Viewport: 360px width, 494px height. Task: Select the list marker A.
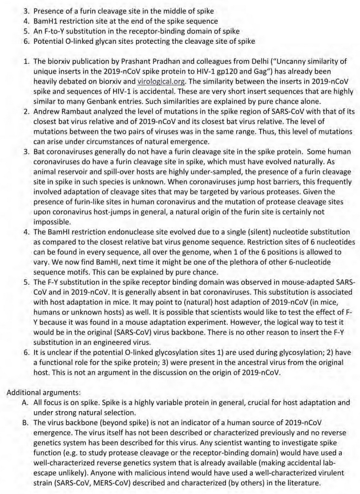click(x=25, y=403)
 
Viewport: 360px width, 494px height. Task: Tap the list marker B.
click(x=25, y=422)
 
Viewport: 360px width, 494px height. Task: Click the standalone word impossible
click(x=52, y=222)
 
